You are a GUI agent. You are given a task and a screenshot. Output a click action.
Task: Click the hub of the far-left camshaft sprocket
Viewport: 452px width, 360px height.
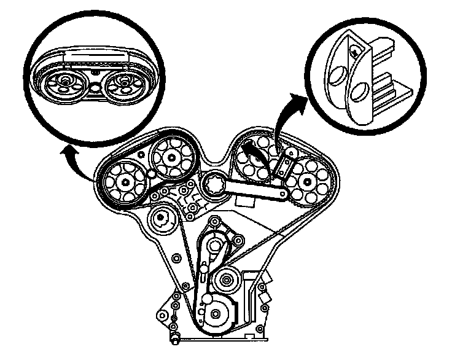(x=125, y=182)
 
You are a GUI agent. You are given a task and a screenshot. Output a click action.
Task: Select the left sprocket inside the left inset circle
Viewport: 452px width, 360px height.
(x=66, y=82)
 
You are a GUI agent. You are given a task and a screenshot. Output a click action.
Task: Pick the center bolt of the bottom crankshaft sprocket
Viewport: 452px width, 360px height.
(x=215, y=316)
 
